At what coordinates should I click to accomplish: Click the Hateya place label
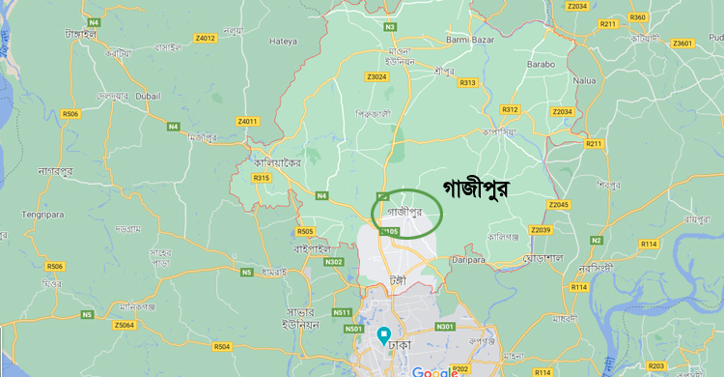tap(284, 42)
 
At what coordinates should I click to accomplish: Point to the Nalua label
tap(584, 81)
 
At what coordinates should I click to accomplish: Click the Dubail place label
tap(147, 96)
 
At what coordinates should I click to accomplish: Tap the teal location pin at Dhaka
tap(383, 336)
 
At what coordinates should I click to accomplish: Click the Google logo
tap(434, 371)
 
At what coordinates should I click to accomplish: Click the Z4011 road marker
tap(248, 121)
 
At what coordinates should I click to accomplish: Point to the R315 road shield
tap(261, 178)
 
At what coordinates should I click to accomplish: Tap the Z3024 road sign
tap(377, 76)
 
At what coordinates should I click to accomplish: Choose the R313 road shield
tap(467, 82)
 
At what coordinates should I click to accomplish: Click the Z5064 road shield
tap(124, 325)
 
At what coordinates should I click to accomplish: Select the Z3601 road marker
tap(683, 43)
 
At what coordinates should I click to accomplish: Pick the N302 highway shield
tap(334, 261)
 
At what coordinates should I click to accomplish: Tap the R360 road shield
tap(637, 17)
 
